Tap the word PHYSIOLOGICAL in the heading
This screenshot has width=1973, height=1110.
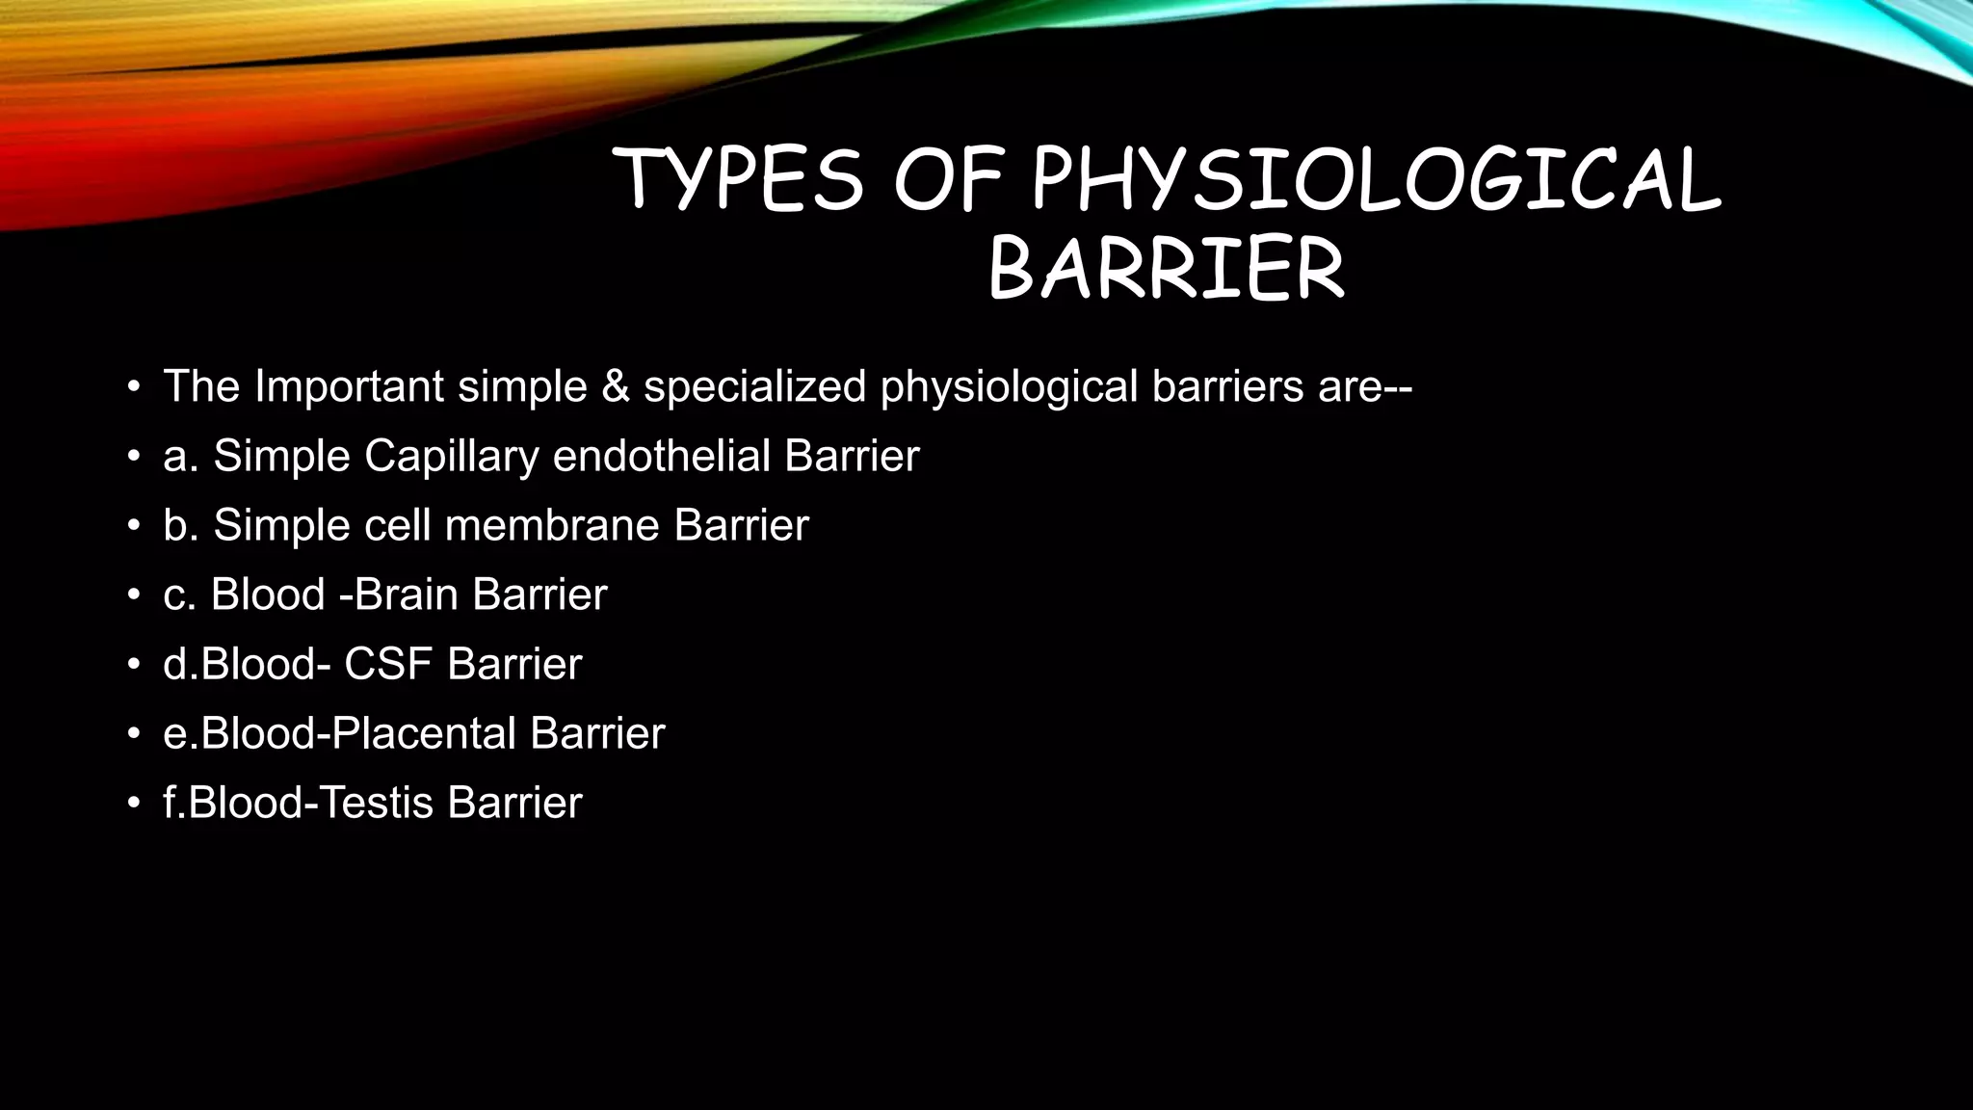tap(1377, 179)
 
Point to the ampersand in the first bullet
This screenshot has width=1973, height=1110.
tap(615, 386)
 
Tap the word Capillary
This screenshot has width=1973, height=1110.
tap(451, 456)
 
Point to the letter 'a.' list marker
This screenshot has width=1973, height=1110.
tap(180, 456)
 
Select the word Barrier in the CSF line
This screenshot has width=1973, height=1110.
tap(514, 664)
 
